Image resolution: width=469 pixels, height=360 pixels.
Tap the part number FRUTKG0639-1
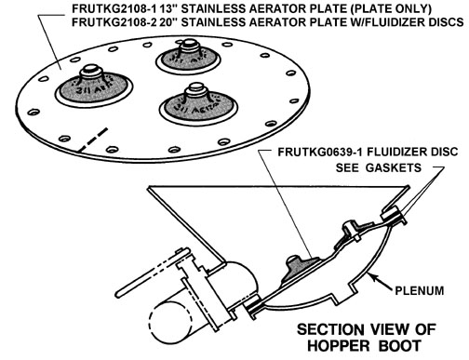click(320, 152)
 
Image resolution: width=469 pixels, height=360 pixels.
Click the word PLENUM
click(419, 290)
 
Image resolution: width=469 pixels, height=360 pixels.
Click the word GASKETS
click(394, 167)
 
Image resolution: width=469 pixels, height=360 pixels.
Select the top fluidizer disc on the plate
click(188, 58)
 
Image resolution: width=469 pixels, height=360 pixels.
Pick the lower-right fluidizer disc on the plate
click(198, 105)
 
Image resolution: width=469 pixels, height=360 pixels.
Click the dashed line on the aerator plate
click(93, 140)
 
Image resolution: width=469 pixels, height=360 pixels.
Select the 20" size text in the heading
click(169, 22)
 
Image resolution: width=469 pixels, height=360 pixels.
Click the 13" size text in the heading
click(169, 8)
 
